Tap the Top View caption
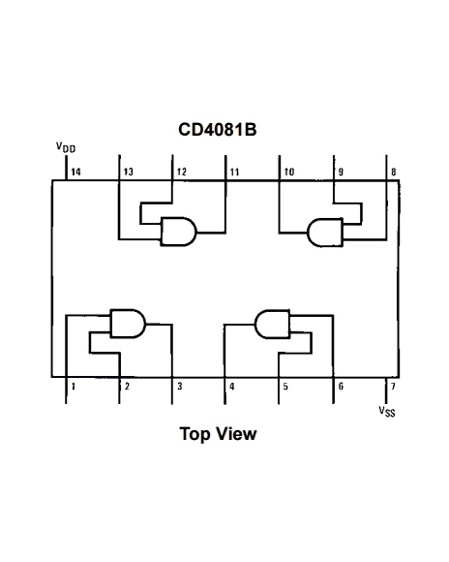[219, 433]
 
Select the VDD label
[66, 148]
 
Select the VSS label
[388, 410]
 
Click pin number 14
[75, 172]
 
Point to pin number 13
[129, 172]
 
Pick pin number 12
[182, 172]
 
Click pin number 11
[234, 172]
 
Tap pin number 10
[289, 172]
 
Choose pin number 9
[341, 172]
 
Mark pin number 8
[393, 172]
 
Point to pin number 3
[177, 386]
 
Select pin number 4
[231, 386]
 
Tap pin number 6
[339, 386]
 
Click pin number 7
[392, 386]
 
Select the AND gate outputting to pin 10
[324, 233]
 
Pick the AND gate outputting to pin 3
[127, 322]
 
